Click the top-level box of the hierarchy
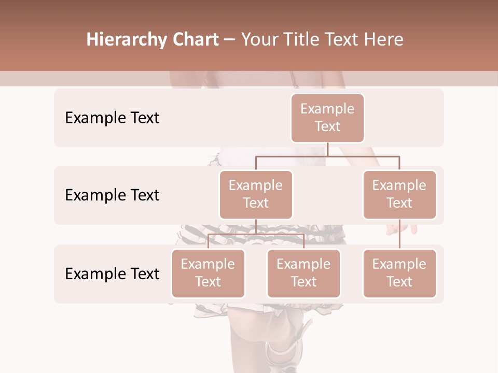coord(327,118)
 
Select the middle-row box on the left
coord(256,194)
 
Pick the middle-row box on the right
coord(399,194)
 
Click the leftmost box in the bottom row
coord(208,273)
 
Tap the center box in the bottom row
coord(303,273)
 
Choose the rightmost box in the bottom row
coord(399,273)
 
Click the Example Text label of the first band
coord(112,118)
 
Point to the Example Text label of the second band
coord(112,195)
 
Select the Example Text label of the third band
coord(112,274)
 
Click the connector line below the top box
coord(327,149)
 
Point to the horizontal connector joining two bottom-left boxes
coord(256,234)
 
